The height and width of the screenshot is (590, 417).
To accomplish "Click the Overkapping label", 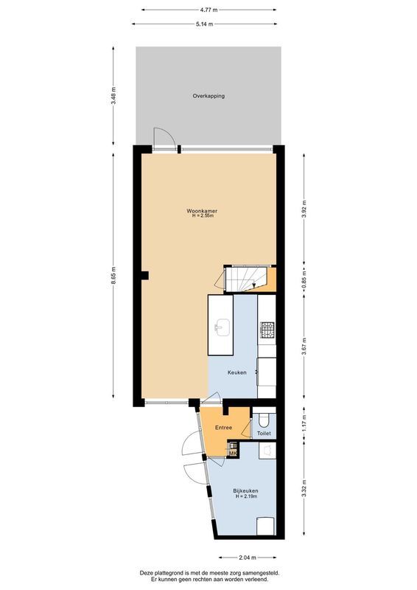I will tap(208, 97).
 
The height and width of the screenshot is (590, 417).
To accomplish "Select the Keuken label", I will tap(236, 372).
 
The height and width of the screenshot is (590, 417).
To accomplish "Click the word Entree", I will tap(224, 428).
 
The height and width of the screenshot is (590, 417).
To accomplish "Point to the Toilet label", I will tap(264, 434).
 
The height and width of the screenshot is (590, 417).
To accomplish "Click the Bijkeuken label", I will tap(245, 490).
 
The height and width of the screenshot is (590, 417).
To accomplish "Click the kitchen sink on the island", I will tap(221, 325).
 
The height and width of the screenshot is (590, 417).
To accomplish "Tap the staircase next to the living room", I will tap(244, 279).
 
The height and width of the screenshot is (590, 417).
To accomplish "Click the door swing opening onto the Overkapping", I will tap(164, 139).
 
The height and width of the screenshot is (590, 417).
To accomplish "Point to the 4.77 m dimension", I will tap(208, 11).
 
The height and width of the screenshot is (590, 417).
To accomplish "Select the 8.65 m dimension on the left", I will tap(113, 274).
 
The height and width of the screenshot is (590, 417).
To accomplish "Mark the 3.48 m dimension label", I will tap(113, 97).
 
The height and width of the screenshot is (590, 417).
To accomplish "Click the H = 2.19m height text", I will tap(245, 497).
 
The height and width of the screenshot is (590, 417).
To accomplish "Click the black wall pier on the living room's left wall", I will tap(145, 276).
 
